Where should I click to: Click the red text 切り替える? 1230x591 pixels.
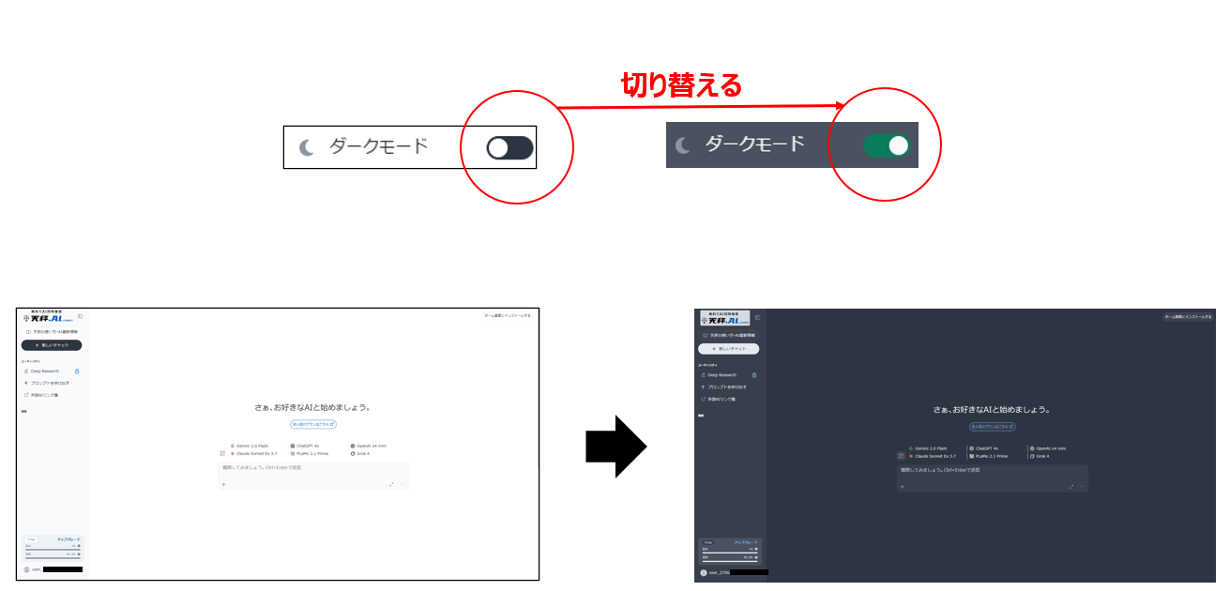point(681,85)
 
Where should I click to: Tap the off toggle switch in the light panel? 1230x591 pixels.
point(509,147)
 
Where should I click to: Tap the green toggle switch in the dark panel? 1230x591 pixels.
point(887,145)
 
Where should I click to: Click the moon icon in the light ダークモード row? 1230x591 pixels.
point(306,147)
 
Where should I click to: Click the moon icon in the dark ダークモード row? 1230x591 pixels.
point(683,145)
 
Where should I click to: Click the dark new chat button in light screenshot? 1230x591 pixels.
point(52,345)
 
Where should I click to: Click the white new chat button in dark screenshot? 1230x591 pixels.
point(729,348)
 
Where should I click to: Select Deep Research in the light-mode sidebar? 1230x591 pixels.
point(44,371)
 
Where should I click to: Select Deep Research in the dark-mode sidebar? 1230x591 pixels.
point(722,374)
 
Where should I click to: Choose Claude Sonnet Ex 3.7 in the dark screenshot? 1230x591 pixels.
point(933,456)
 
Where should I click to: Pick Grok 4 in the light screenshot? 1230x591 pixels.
point(362,453)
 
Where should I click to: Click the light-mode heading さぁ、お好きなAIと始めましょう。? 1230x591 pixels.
point(312,408)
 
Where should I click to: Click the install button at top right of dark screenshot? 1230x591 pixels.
point(1188,317)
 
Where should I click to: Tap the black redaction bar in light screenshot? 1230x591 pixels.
point(63,569)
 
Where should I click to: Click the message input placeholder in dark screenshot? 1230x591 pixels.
point(938,469)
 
